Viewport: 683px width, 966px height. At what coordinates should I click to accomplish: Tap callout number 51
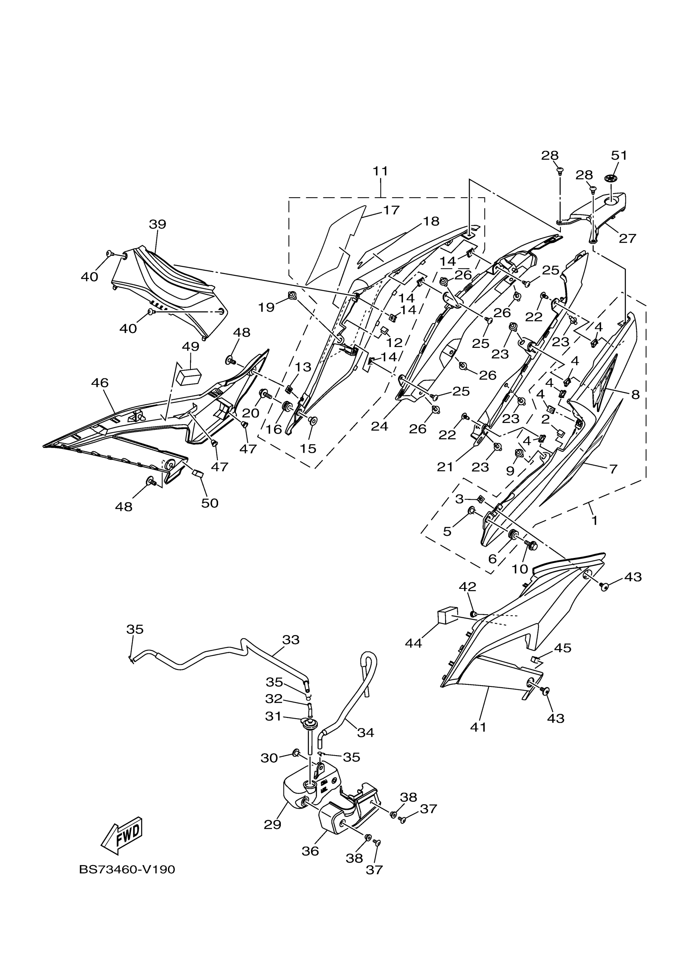coord(619,156)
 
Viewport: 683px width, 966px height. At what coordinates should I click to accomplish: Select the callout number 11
coord(380,171)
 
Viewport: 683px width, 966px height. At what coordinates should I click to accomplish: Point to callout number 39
coord(157,224)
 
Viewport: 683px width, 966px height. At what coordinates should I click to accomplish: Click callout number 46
coord(100,383)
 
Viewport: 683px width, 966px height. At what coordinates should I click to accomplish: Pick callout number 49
coord(190,347)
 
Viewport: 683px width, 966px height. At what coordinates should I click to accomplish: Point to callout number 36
coord(310,851)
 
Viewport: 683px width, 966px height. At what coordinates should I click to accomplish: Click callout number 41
coord(478,727)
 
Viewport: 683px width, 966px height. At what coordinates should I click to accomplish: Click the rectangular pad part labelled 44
coord(447,617)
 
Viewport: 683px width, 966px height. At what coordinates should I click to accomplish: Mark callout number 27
coord(627,239)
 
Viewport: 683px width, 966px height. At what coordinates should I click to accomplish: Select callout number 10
coord(520,569)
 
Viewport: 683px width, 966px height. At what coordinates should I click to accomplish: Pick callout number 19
coord(266,308)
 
